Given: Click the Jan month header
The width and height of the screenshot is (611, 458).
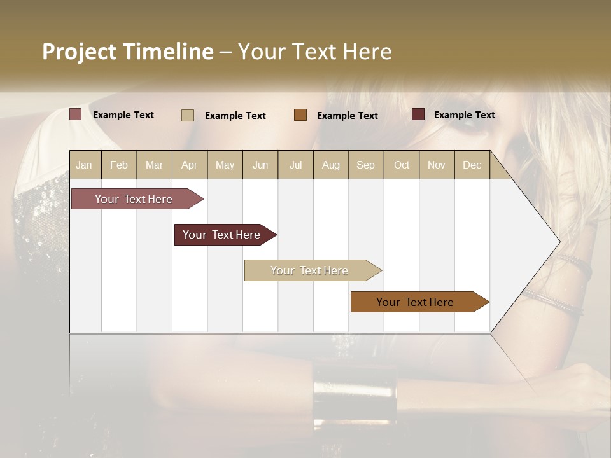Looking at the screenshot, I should coord(85,165).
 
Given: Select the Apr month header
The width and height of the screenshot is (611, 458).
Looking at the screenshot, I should coord(190,165).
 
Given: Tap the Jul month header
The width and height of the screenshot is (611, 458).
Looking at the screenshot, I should coord(295,165).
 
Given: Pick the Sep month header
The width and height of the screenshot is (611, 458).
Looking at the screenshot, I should coord(366,165).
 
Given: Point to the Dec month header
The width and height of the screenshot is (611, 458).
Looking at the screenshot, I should coord(472,165).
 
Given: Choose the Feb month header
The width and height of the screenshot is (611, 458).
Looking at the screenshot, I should coord(119,165).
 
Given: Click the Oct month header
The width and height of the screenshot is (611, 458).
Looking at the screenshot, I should coord(402,165).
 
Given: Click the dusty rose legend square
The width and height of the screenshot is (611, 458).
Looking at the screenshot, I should coord(76,114).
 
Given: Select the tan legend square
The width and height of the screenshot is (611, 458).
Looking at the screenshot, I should coord(188,115).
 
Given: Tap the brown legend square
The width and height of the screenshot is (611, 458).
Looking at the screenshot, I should coord(300,115).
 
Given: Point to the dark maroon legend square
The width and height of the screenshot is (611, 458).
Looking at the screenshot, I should coord(418,114).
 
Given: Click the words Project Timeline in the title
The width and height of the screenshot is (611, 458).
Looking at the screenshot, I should coord(128,52).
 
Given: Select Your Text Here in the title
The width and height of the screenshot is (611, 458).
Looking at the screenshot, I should coord(314,52).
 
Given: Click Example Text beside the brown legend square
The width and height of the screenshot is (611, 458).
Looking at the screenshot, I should coord(348,116).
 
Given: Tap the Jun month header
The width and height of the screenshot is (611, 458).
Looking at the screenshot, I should coord(260,165).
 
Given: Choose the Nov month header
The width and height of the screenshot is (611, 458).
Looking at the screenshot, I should coord(437,165).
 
